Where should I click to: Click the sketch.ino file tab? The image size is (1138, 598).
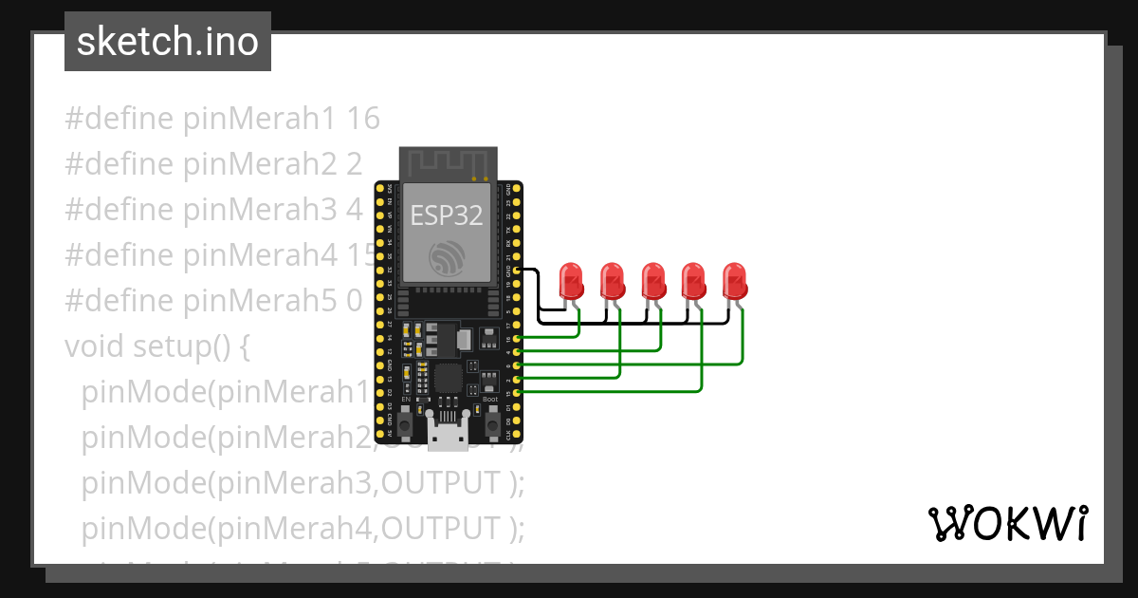[168, 42]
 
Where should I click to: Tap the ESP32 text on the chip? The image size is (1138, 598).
[446, 215]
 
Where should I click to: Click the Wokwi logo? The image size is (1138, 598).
[1007, 523]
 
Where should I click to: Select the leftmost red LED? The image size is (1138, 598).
[571, 281]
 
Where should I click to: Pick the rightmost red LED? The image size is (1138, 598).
[735, 281]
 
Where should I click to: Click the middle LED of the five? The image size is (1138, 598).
[653, 281]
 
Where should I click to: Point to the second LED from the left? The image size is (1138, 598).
[613, 281]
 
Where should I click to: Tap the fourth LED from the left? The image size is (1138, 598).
[694, 281]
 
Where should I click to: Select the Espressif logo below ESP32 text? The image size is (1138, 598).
[446, 257]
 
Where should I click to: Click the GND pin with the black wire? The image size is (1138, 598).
[516, 270]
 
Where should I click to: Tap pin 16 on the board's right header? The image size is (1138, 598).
[516, 338]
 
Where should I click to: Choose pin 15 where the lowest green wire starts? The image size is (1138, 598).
[516, 392]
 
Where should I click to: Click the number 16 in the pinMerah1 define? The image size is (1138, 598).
[363, 119]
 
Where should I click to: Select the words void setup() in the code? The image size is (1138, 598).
[156, 346]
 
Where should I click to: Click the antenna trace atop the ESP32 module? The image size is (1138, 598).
[448, 163]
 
